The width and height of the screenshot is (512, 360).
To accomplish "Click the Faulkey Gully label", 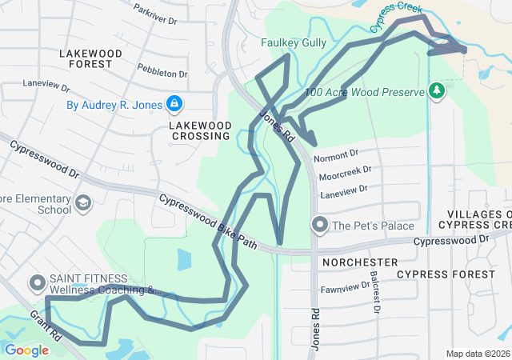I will (x=294, y=42).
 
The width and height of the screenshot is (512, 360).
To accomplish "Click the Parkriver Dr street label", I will (x=154, y=14).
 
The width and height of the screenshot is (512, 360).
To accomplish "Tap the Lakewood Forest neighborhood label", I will (x=90, y=59).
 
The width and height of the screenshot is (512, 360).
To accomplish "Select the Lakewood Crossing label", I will (x=201, y=131).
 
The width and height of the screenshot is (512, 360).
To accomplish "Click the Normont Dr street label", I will (x=336, y=152).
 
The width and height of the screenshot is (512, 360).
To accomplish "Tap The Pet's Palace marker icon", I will (x=320, y=225).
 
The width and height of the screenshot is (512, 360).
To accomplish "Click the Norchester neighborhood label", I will (x=359, y=262).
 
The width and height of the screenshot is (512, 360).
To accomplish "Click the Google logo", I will (x=26, y=350).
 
